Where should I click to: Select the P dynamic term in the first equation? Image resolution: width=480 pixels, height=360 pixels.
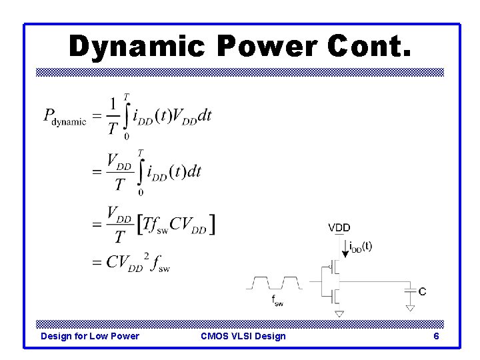coord(65,117)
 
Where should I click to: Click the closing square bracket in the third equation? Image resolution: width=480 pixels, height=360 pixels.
coord(212,225)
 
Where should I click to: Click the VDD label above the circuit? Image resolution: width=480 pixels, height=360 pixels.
coord(339,228)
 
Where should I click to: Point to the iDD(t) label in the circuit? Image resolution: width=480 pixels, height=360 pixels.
coord(361,246)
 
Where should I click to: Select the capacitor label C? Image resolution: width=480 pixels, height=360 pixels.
coord(422,291)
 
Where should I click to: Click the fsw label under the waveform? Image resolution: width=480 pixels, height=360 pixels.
coord(276,301)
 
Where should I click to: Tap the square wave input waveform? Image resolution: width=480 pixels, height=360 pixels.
coord(275,283)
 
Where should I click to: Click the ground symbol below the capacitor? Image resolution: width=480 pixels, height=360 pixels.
coord(410,307)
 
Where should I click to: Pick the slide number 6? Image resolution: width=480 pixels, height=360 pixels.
coord(436,336)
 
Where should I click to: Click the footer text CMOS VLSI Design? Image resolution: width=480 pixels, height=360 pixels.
coord(243,336)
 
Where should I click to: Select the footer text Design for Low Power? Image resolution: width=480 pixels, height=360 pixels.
coord(90,336)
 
